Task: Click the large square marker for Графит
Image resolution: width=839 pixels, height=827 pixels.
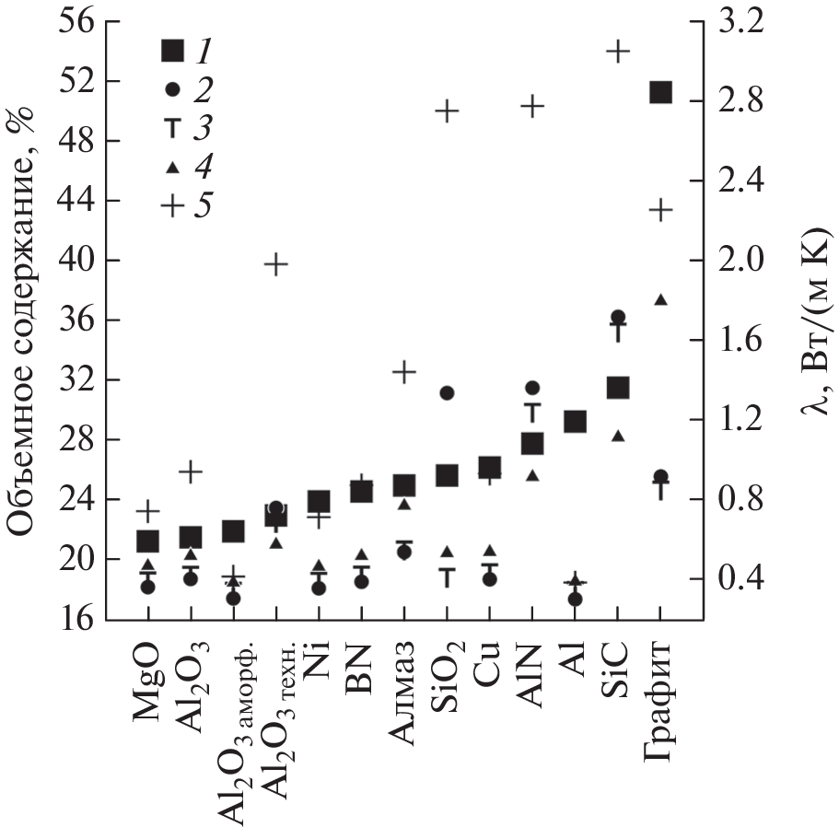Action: click(660, 92)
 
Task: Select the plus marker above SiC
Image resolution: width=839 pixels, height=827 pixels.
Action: click(618, 51)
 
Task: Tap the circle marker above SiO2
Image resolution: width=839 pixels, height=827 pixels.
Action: click(447, 392)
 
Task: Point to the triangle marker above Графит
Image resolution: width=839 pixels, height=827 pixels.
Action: click(660, 299)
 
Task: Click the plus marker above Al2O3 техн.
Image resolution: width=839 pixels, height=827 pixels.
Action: click(275, 265)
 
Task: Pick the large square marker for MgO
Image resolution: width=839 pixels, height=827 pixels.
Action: click(147, 541)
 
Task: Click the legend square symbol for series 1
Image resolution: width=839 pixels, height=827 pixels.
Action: click(172, 51)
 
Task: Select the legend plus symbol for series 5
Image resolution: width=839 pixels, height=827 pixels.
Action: click(172, 205)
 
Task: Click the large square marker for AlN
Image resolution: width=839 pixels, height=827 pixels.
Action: click(532, 444)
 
